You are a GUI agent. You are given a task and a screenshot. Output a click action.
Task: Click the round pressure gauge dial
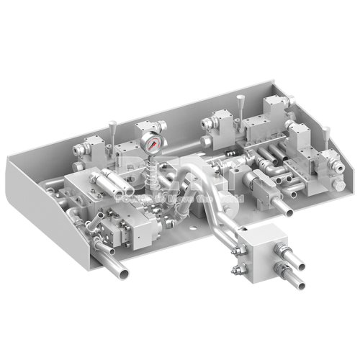(x=152, y=143)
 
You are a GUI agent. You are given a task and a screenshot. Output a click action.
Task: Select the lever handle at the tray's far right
(x=327, y=135)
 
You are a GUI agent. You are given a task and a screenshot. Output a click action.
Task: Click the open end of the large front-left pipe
(x=124, y=272)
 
